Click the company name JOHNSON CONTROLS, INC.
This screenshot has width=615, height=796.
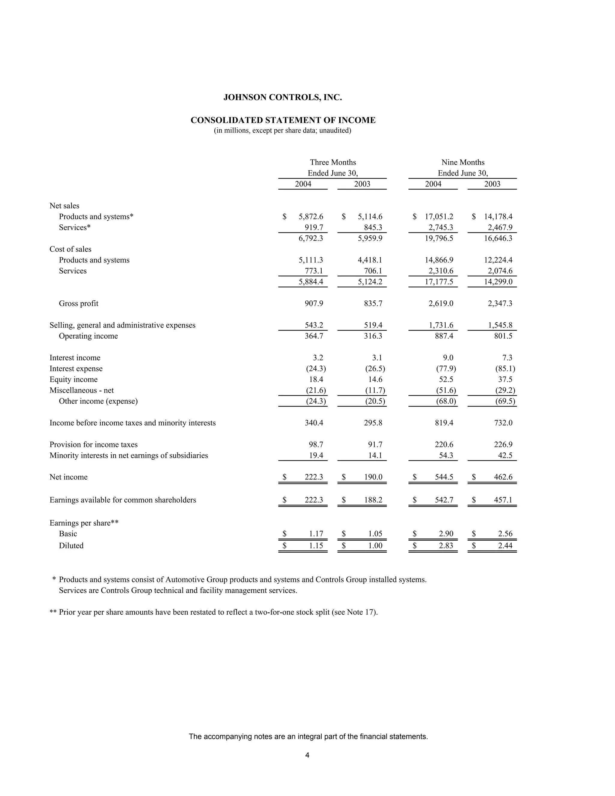[x=282, y=97]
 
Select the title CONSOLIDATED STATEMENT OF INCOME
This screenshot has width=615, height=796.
[x=283, y=120]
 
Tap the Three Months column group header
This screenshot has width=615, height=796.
[x=333, y=163]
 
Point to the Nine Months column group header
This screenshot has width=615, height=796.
[x=463, y=163]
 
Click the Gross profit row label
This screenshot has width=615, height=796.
[x=78, y=304]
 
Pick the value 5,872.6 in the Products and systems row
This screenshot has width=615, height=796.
[x=311, y=217]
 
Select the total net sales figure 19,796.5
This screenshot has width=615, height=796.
[x=439, y=238]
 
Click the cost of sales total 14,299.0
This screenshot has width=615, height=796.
[x=498, y=282]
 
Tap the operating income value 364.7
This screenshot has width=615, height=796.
[x=314, y=336]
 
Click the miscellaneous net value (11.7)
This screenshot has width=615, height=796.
[x=375, y=390]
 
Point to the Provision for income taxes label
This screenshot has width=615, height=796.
[x=93, y=445]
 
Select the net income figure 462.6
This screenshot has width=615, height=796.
[x=503, y=477]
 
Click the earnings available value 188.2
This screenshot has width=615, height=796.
[x=373, y=500]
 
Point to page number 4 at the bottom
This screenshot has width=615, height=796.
[x=307, y=755]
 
